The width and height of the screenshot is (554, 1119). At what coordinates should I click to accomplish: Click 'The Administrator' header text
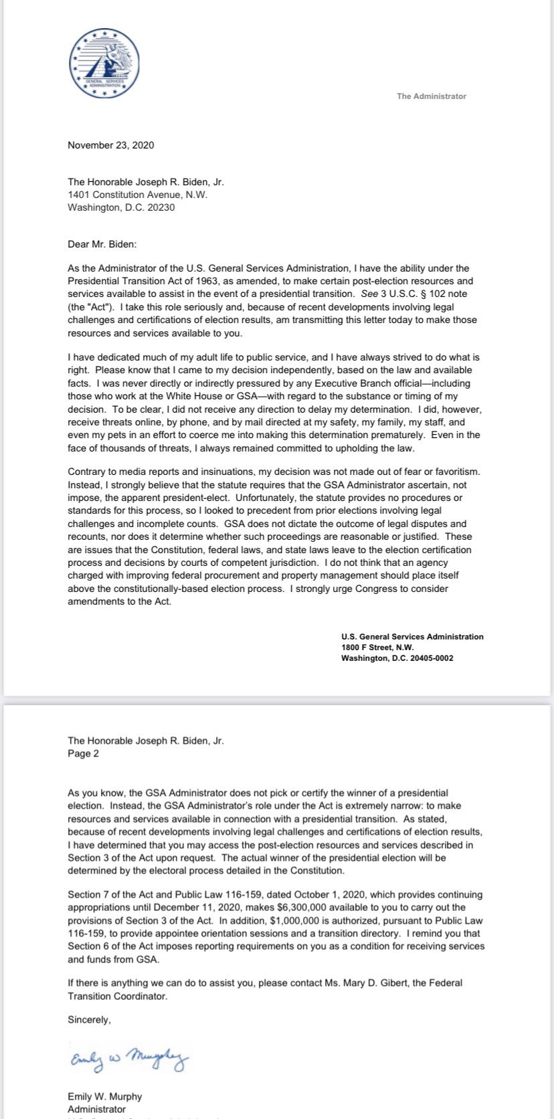[x=431, y=96]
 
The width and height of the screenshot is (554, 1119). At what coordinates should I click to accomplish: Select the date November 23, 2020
[x=110, y=145]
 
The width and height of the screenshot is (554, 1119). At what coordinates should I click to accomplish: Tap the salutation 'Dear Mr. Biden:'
[x=102, y=245]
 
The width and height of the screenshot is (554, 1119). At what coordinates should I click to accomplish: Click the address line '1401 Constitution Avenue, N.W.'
[x=137, y=195]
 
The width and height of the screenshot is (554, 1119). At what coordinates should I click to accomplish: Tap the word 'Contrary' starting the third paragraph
[x=86, y=472]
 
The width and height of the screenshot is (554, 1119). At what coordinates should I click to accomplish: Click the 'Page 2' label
[x=83, y=754]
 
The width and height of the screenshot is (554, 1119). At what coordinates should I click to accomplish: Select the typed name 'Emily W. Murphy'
[x=104, y=1097]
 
